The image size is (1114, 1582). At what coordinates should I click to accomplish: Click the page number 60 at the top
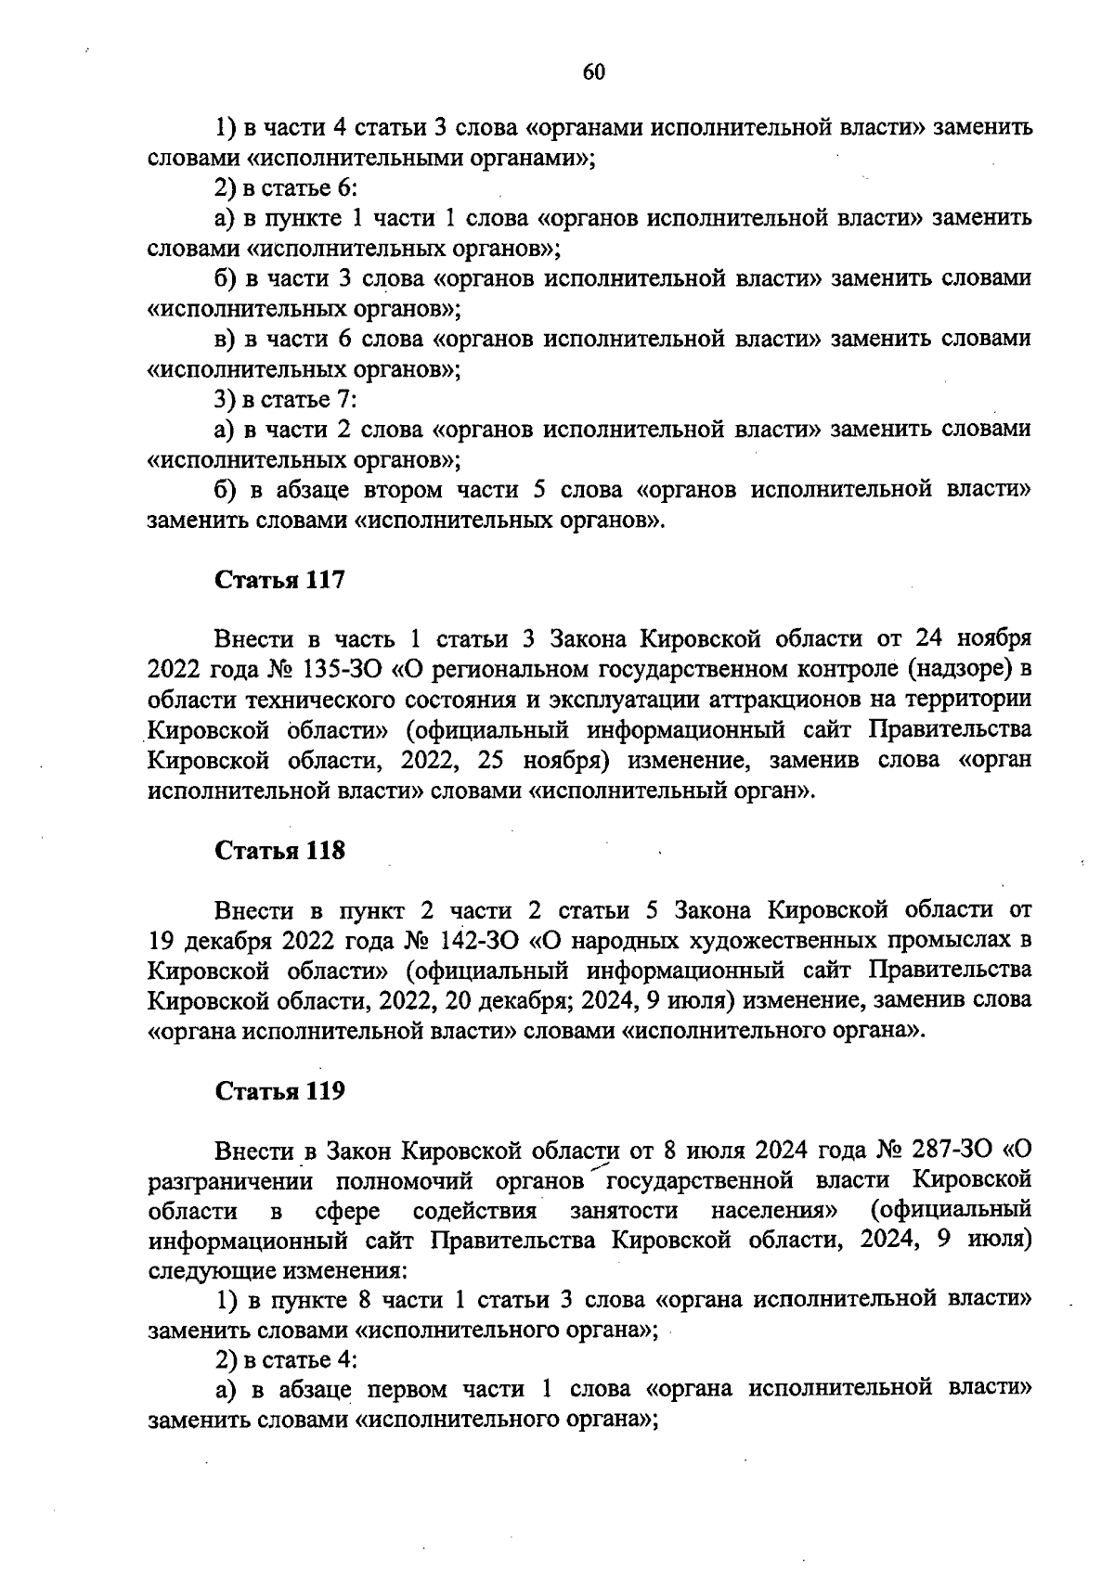click(594, 72)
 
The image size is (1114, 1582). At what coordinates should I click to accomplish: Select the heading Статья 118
click(279, 850)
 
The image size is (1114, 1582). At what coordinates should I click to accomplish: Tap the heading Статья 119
click(279, 1091)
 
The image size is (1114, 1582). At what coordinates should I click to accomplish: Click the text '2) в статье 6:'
click(286, 188)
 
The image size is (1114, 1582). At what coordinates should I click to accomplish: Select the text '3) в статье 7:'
click(286, 400)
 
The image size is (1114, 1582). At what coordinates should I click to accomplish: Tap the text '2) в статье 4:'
click(286, 1360)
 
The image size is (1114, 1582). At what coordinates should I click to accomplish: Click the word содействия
click(474, 1212)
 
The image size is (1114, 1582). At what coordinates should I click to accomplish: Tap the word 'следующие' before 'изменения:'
click(206, 1270)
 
